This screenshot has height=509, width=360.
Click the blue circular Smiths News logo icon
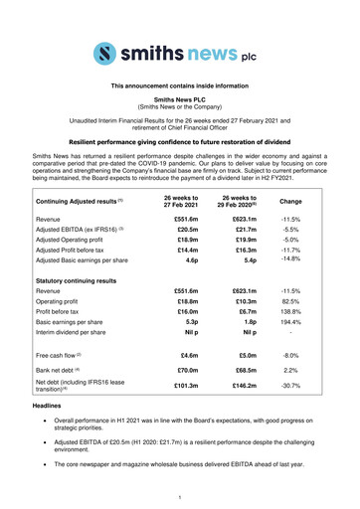(103, 52)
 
